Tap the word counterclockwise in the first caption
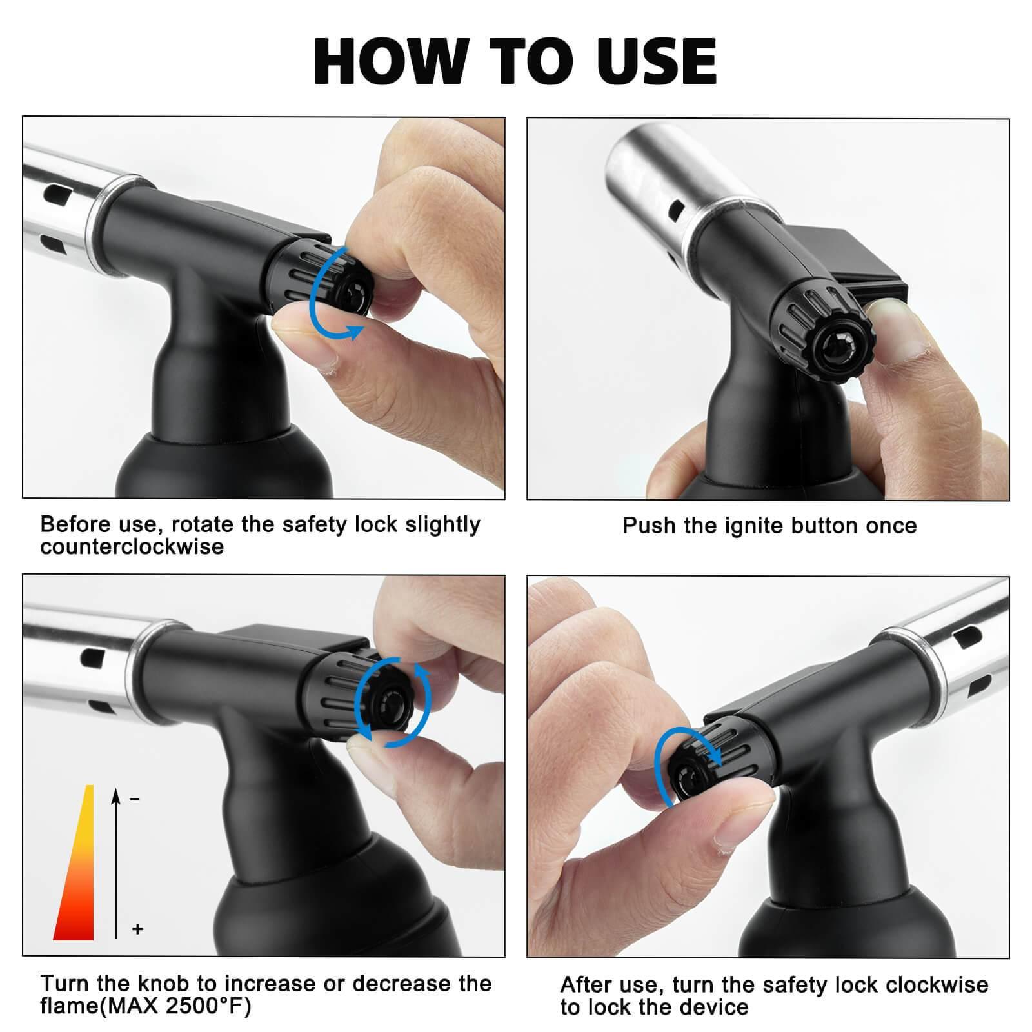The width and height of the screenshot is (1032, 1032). [x=132, y=546]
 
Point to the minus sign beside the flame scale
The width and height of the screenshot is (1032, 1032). [x=135, y=799]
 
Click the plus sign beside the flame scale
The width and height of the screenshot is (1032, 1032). [x=137, y=929]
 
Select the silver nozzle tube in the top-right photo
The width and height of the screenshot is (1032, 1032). [x=664, y=187]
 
